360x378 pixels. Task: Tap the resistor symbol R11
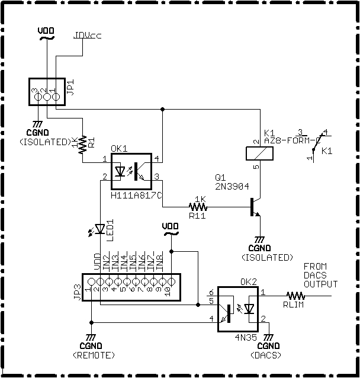click(198, 207)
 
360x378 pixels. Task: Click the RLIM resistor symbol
click(294, 294)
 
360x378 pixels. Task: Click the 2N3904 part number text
click(232, 185)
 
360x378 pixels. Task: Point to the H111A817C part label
click(137, 194)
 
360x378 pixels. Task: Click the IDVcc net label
click(88, 35)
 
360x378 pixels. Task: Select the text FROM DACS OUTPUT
click(319, 276)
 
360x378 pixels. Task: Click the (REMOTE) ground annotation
click(92, 355)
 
